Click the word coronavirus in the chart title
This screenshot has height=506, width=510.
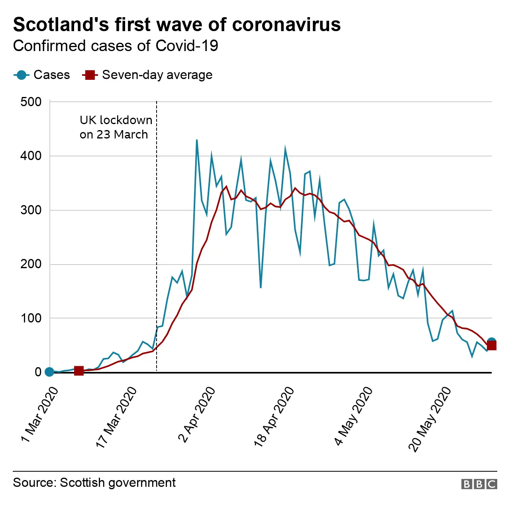click(286, 24)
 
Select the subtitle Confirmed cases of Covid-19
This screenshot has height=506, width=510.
click(116, 46)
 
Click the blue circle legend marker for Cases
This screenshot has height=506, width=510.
click(22, 75)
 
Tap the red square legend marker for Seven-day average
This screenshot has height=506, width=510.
click(90, 75)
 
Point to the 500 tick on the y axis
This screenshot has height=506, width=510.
click(31, 102)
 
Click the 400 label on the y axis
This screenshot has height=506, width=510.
click(31, 156)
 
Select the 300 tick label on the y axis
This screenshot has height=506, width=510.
click(31, 210)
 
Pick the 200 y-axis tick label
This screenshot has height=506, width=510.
click(31, 264)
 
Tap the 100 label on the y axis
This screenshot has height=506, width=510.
click(31, 318)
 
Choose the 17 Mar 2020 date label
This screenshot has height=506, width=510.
click(116, 417)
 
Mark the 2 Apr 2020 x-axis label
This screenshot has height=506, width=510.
click(196, 415)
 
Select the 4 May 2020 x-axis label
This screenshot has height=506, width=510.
click(353, 416)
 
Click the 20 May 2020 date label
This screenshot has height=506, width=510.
click(430, 419)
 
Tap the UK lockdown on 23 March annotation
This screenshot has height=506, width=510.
click(116, 127)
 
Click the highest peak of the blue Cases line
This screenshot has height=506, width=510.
click(197, 140)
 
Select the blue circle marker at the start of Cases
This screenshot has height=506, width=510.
click(49, 372)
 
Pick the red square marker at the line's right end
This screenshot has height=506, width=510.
click(492, 345)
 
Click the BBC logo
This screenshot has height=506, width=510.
click(479, 484)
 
